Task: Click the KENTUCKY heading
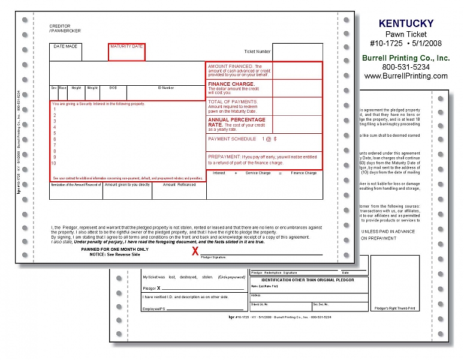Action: [406, 23]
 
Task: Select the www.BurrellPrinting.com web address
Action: [406, 76]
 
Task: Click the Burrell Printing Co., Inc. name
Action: [406, 58]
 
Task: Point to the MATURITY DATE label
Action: [126, 46]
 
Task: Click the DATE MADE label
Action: [65, 46]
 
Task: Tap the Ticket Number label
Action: [257, 52]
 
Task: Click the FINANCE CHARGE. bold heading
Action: [231, 84]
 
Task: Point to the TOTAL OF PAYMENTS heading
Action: [233, 102]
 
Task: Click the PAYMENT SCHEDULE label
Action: [231, 139]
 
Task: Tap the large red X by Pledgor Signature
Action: [195, 251]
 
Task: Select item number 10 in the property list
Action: [54, 163]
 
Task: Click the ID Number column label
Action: [166, 88]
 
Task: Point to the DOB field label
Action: [113, 88]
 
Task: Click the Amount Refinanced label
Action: [179, 185]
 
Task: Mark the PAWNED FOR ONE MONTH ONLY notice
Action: [115, 249]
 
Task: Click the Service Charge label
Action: [258, 173]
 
